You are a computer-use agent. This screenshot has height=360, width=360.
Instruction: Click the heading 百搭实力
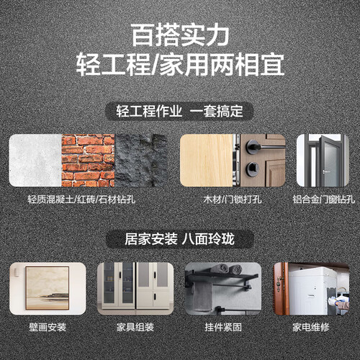[x=180, y=35]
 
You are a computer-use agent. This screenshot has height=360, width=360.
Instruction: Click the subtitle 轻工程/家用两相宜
[x=180, y=65]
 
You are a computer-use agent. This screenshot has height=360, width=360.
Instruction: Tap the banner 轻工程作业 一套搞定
[x=179, y=112]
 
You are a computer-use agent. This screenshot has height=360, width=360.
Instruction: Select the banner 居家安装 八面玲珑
[x=179, y=239]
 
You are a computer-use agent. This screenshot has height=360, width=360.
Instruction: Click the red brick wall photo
[x=88, y=161]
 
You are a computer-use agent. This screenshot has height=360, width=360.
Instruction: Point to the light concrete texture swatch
[x=35, y=161]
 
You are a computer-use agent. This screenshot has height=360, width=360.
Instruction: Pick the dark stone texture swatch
[x=141, y=161]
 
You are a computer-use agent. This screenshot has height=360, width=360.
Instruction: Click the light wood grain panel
[x=207, y=161]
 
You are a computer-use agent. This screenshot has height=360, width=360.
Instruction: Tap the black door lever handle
[x=264, y=145]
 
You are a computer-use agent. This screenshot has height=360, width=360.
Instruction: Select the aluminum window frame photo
[x=323, y=161]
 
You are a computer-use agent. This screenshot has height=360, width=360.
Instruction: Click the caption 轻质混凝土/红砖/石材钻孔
[x=81, y=199]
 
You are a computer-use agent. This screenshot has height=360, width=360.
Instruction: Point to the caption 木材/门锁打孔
[x=233, y=199]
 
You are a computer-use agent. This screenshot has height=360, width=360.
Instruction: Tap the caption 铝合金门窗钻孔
[x=323, y=199]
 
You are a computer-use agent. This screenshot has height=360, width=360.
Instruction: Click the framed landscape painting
[x=48, y=288]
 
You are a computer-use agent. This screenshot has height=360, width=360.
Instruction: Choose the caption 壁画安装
[x=48, y=327]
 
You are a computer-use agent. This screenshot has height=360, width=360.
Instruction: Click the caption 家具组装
[x=135, y=327]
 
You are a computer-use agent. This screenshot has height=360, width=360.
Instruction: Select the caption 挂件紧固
[x=223, y=327]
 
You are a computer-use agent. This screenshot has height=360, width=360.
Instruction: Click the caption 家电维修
[x=311, y=327]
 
